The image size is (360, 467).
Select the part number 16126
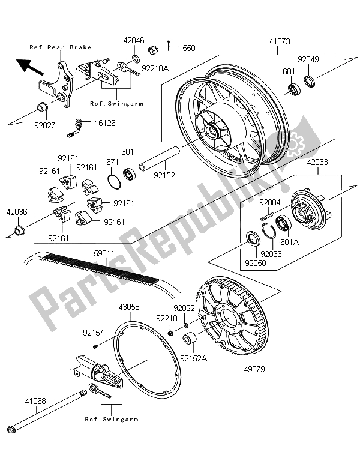click(x=103, y=122)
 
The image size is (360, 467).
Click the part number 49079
click(x=253, y=367)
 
